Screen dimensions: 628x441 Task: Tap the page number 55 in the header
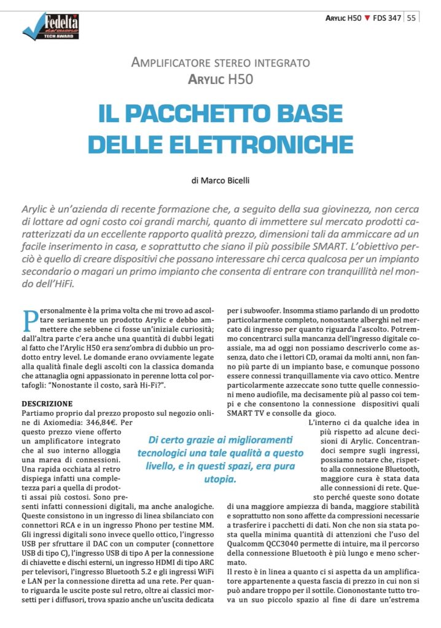pos(411,18)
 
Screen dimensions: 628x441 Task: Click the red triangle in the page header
pos(367,18)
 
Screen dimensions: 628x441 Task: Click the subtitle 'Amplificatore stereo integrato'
pos(221,63)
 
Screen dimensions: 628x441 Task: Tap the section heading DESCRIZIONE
pos(47,404)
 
